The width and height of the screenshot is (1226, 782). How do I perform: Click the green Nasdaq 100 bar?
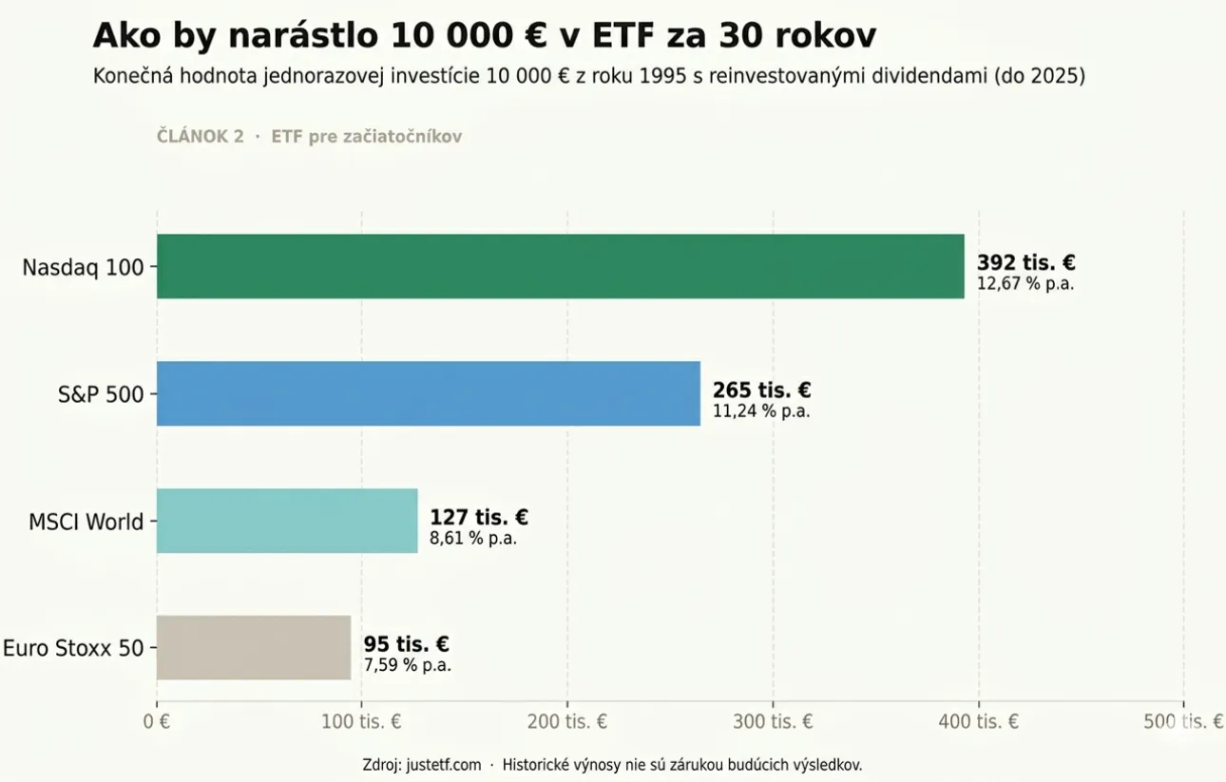pyautogui.click(x=560, y=266)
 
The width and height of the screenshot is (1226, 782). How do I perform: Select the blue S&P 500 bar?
pyautogui.click(x=428, y=393)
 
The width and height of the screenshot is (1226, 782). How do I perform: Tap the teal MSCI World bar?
pyautogui.click(x=287, y=521)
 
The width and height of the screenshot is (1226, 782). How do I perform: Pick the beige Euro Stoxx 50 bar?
pyautogui.click(x=254, y=647)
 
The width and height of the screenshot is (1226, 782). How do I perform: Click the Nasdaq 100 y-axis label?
pyautogui.click(x=83, y=267)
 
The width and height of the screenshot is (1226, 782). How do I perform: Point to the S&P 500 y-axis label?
pyautogui.click(x=101, y=394)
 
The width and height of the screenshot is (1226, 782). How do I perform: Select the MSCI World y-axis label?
pyautogui.click(x=86, y=522)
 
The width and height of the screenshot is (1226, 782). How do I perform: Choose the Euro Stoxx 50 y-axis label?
pyautogui.click(x=73, y=649)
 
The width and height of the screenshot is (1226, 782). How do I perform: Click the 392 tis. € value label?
pyautogui.click(x=1025, y=263)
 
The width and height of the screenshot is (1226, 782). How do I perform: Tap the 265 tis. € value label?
pyautogui.click(x=761, y=391)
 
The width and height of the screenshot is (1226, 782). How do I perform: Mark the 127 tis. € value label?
pyautogui.click(x=479, y=518)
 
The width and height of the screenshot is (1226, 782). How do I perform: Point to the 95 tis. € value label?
pyautogui.click(x=406, y=645)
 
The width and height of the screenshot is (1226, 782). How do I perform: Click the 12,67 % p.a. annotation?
pyautogui.click(x=1025, y=284)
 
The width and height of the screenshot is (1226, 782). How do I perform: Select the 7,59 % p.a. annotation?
pyautogui.click(x=407, y=665)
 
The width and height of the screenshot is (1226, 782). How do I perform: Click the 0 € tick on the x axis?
pyautogui.click(x=157, y=722)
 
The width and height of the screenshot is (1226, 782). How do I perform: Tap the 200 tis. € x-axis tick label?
pyautogui.click(x=567, y=722)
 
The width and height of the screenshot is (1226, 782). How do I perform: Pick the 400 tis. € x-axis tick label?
pyautogui.click(x=978, y=722)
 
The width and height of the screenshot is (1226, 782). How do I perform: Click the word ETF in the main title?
pyautogui.click(x=628, y=36)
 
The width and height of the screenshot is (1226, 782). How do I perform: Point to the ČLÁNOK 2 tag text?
pyautogui.click(x=200, y=137)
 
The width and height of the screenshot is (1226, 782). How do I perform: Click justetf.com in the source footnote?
pyautogui.click(x=443, y=764)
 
